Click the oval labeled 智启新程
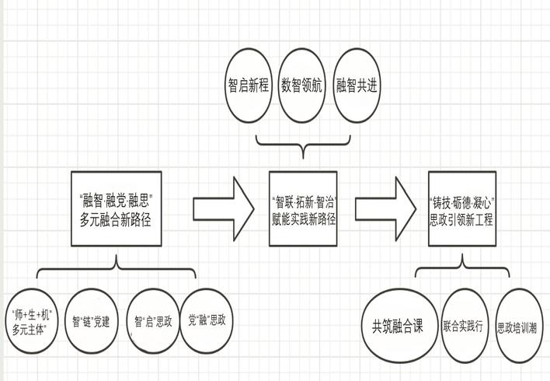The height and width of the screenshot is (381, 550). [249, 86]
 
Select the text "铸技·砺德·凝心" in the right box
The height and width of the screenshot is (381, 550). [463, 201]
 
